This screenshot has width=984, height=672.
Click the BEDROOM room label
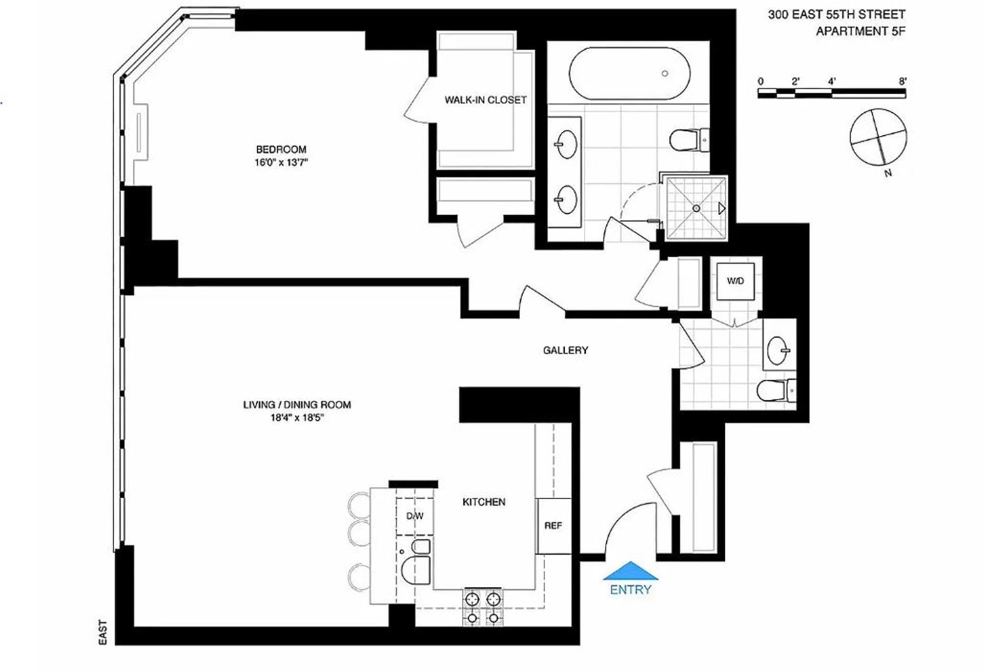click(x=281, y=149)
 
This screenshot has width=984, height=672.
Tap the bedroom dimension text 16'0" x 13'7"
click(x=281, y=163)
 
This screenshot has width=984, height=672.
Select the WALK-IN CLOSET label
click(x=485, y=100)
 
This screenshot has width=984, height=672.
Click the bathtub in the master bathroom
click(x=629, y=73)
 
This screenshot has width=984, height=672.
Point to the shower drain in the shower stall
click(x=696, y=208)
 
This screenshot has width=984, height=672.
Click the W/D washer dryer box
click(x=735, y=281)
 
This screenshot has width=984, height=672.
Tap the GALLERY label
click(x=565, y=350)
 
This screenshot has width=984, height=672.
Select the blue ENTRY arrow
click(x=630, y=571)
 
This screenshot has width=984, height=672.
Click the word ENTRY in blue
click(x=630, y=589)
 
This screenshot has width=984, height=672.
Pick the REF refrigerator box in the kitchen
click(x=553, y=525)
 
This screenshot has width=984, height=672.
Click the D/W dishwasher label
click(x=415, y=516)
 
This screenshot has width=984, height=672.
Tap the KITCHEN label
click(x=484, y=502)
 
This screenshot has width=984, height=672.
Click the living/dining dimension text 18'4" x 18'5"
click(x=297, y=418)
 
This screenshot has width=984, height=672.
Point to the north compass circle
click(x=878, y=137)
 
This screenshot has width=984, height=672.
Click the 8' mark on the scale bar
click(x=903, y=81)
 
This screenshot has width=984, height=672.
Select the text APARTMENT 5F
click(x=860, y=31)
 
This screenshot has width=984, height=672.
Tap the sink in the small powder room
click(x=778, y=351)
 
